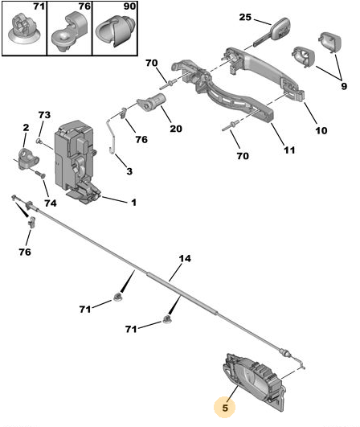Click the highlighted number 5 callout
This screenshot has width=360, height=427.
point(225,408)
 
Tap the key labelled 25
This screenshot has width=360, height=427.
point(273,32)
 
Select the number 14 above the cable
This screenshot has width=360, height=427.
point(185,258)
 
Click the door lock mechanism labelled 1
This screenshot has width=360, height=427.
point(76,161)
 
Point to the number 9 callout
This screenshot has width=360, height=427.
point(344,86)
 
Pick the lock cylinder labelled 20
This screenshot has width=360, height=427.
point(151,101)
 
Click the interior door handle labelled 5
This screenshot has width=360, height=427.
point(254,382)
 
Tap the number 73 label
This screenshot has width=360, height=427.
point(44,115)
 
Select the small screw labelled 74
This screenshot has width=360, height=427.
point(40,174)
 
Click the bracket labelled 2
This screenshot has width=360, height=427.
point(27,158)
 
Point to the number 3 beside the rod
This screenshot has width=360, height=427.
point(129,171)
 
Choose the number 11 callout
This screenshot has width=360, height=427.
point(289,150)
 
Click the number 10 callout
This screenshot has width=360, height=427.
point(321,130)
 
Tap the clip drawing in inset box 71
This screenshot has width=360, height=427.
point(24,28)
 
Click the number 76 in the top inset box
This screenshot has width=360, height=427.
point(84,6)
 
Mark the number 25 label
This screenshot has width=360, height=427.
point(245,17)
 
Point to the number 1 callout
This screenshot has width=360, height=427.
point(133,203)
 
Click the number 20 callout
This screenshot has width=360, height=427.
point(176,129)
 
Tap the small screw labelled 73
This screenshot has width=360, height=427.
point(39,141)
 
